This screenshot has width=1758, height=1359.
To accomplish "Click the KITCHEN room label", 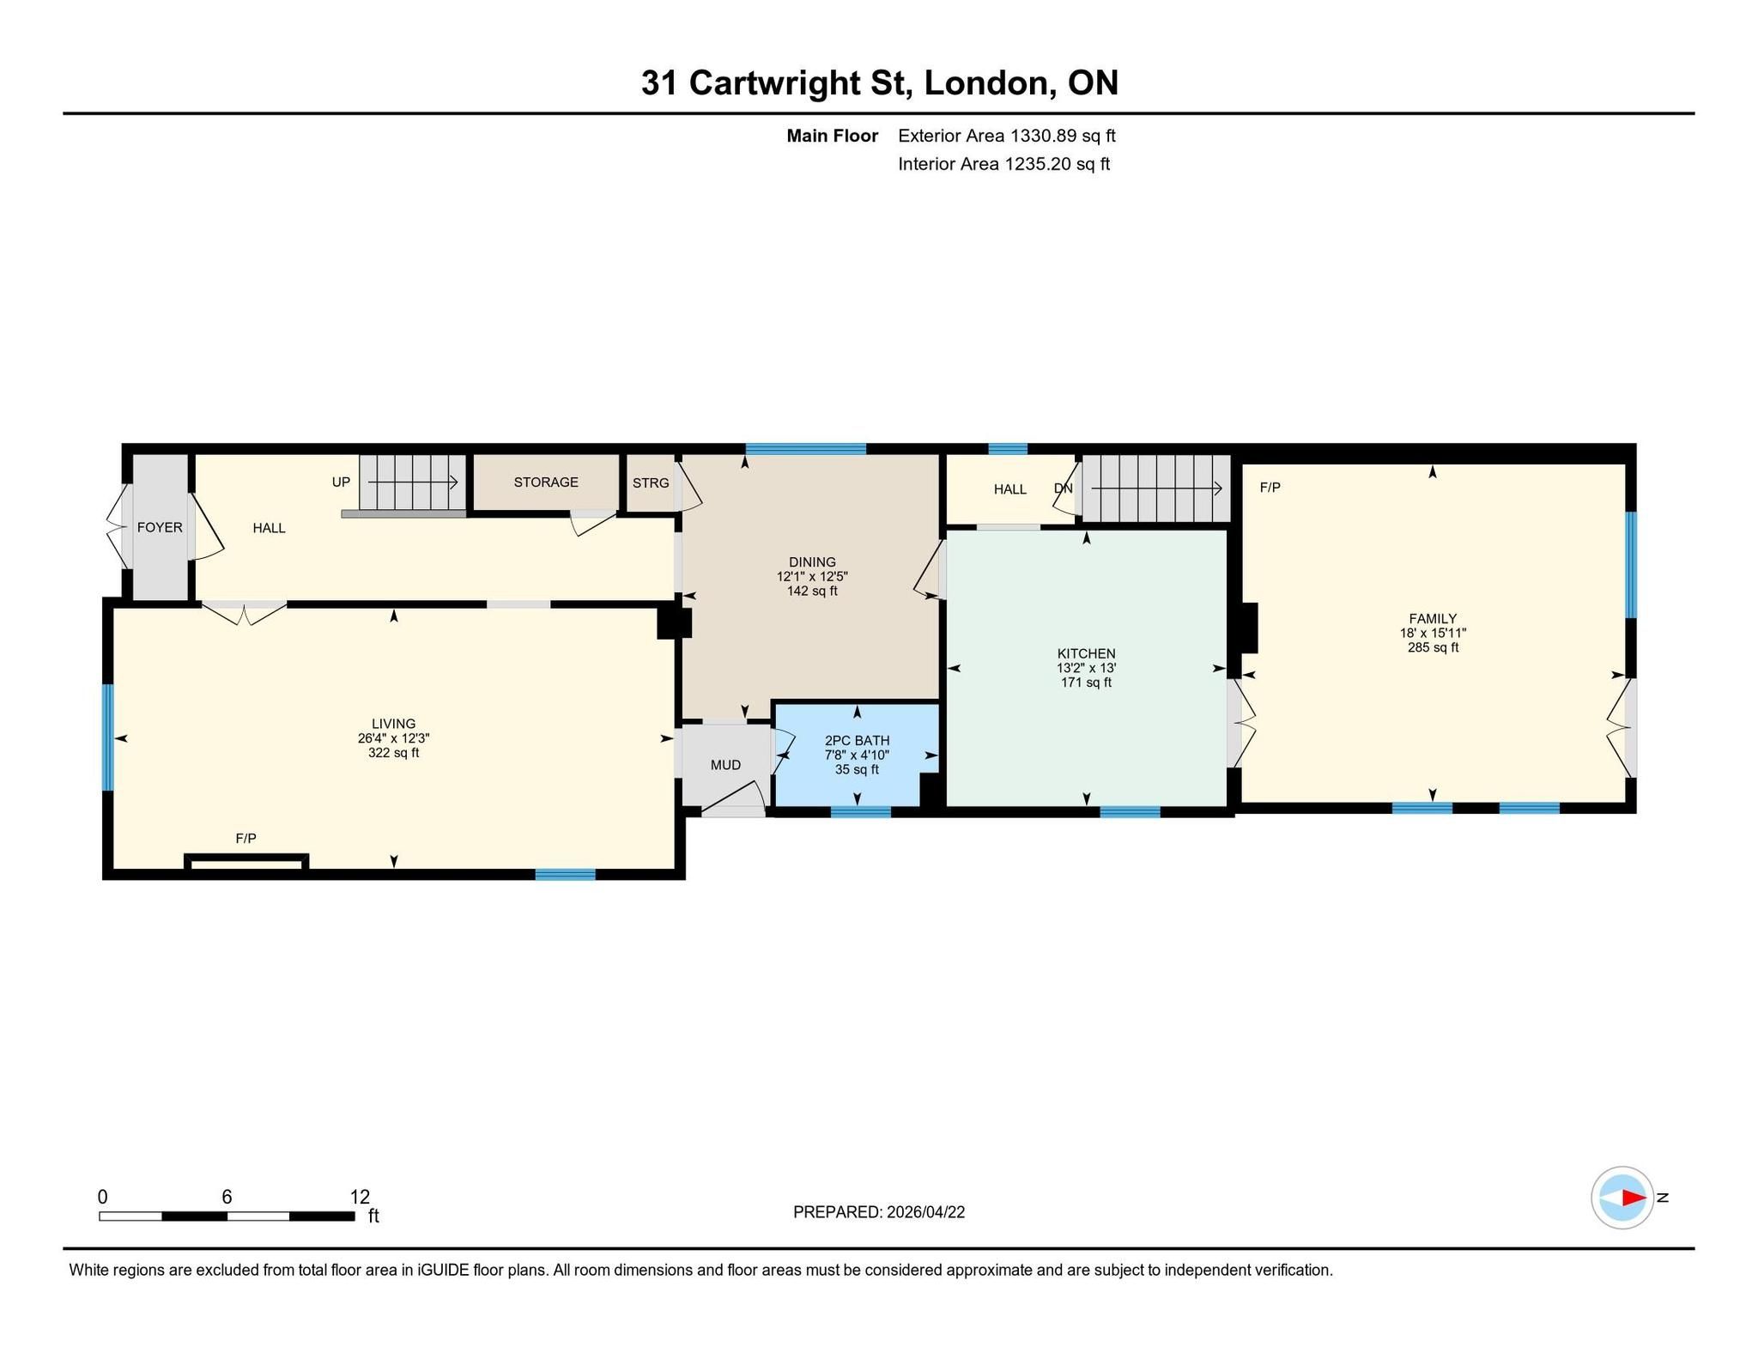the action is (1086, 653).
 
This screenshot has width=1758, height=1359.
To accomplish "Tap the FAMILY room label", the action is (1433, 618).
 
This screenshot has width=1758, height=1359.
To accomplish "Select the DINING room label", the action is (812, 562).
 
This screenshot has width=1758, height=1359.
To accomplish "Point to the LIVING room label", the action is (393, 724).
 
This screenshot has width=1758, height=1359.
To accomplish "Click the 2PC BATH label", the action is (857, 740).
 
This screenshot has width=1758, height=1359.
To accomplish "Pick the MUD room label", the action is (725, 764).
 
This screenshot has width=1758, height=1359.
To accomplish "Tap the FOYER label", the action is (160, 527).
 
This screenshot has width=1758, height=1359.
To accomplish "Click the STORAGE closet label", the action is (546, 482).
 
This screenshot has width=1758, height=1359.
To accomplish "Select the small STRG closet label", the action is (651, 483).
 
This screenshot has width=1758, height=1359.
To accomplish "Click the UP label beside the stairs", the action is (341, 482).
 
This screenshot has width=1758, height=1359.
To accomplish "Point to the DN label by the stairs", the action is (1063, 488).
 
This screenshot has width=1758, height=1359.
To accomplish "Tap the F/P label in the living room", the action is (246, 838).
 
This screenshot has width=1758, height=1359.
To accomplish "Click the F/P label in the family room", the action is (1270, 488).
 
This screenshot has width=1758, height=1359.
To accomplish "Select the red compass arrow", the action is (1634, 1198).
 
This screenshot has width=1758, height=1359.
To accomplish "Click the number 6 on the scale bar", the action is (227, 1197).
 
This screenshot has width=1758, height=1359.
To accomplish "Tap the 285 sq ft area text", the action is (1433, 647).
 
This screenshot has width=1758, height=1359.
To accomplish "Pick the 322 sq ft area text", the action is (393, 753).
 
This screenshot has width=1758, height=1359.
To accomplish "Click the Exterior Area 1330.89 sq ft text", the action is (1007, 136).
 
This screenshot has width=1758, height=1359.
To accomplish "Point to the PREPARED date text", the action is (879, 1212).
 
